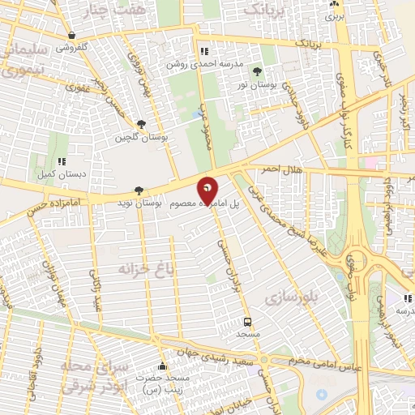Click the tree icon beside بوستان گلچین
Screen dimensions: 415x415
click(x=142, y=124)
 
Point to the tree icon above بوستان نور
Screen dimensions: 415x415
click(x=257, y=72)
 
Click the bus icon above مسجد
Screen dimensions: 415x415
click(x=248, y=322)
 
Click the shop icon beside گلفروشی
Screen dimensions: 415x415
click(x=74, y=35)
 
